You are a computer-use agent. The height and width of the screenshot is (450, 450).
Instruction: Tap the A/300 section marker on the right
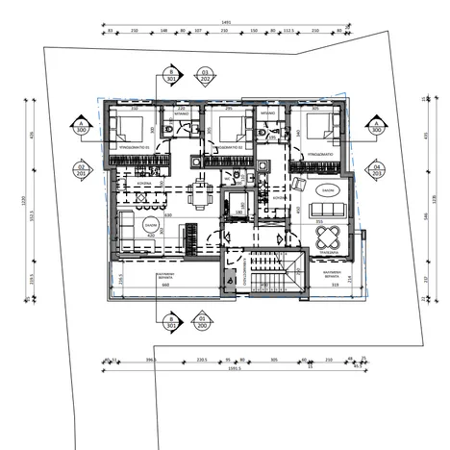[378, 127]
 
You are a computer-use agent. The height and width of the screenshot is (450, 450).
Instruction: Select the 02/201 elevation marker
[82, 171]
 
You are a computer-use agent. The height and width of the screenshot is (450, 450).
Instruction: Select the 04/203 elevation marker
[378, 171]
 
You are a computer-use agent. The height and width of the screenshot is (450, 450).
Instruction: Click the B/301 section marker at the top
[171, 76]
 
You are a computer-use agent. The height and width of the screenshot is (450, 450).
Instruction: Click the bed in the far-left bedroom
[131, 129]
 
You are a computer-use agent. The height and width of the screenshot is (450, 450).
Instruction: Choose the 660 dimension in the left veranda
[164, 285]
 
